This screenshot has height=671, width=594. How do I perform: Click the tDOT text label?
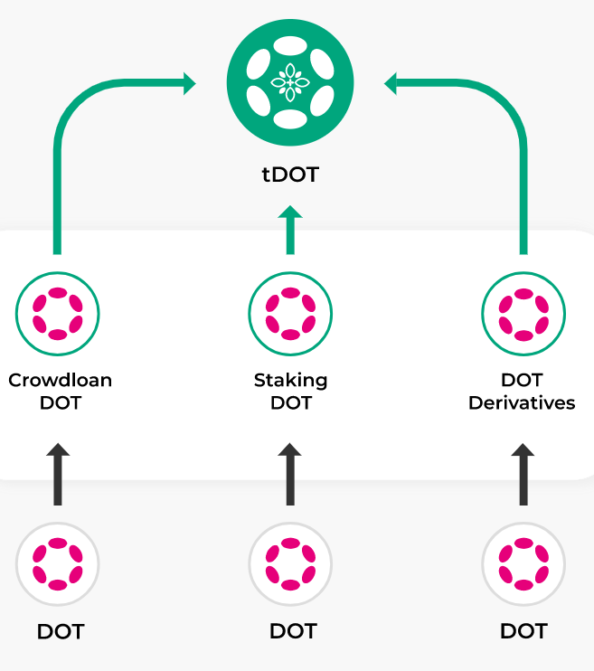290,175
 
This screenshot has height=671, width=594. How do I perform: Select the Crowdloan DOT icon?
58,314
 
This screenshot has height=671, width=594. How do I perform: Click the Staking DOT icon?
290,314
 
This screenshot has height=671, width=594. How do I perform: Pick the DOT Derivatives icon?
523,314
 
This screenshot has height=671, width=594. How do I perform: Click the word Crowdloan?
60,380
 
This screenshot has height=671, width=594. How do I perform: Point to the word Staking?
290,380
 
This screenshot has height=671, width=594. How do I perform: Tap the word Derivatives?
522,402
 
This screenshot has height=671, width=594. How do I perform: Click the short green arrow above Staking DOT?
290,230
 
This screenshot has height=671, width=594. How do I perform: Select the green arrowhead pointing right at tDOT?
188,84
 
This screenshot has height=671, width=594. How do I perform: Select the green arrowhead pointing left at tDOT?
391,84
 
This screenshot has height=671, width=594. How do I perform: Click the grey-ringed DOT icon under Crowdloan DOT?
58,564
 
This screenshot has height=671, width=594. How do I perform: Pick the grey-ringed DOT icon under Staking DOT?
290,564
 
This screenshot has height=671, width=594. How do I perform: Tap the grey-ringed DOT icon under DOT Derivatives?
523,564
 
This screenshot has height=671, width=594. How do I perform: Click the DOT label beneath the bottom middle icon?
292,631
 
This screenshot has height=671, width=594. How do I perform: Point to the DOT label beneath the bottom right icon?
523,631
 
